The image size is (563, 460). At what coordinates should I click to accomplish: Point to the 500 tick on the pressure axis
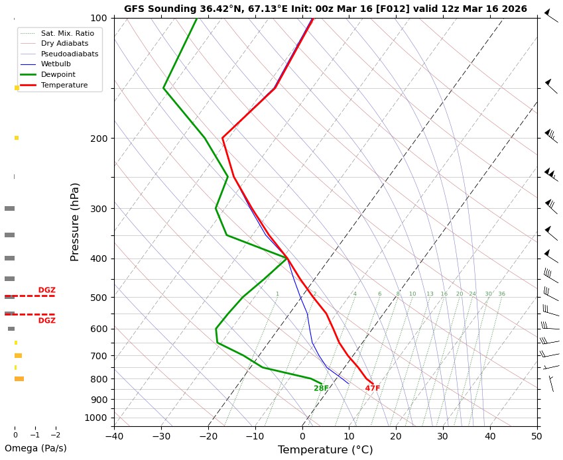[x=99, y=298]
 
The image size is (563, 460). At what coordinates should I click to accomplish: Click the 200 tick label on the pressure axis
[x=99, y=139]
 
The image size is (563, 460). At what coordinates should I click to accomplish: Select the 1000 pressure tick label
[x=96, y=418]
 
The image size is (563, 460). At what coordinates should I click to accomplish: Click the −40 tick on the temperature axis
[x=114, y=435]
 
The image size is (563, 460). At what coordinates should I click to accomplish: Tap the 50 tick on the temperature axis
[x=536, y=435]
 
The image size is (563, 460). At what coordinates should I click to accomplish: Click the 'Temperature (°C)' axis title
[x=325, y=450]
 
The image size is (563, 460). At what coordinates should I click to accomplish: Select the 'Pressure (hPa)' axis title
[x=75, y=221]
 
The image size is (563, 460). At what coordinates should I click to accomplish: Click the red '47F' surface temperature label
[x=373, y=388]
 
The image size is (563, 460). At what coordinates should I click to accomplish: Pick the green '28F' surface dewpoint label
[x=321, y=388]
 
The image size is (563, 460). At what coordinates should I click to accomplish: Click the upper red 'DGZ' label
[x=46, y=290]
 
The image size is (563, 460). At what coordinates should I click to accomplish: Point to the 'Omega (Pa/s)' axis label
[x=36, y=448]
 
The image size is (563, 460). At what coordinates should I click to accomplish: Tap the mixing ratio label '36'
[x=501, y=294]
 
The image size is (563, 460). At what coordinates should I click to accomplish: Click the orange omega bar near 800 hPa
[x=19, y=379]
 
